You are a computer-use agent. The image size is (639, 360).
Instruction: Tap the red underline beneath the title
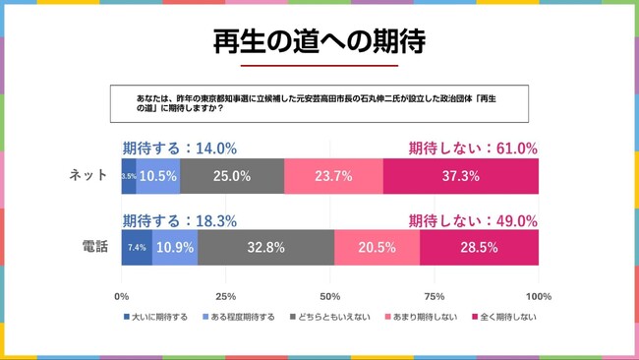click(x=319, y=66)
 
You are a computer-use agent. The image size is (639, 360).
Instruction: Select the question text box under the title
click(x=319, y=103)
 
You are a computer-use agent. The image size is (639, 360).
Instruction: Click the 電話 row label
click(x=94, y=247)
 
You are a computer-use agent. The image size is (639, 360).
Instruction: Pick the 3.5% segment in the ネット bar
click(x=129, y=176)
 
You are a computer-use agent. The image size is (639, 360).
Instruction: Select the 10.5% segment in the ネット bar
click(x=157, y=176)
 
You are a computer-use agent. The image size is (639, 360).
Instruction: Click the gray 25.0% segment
click(x=232, y=176)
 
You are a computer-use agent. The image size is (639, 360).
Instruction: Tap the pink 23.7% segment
click(x=333, y=176)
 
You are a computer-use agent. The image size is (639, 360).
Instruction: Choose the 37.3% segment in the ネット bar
click(x=460, y=176)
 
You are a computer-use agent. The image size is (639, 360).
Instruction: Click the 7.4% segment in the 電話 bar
click(x=137, y=248)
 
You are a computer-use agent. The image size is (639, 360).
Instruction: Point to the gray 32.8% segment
click(x=265, y=248)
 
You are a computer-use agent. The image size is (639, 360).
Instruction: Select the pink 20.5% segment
click(x=377, y=248)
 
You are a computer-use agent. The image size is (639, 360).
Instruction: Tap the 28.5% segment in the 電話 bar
click(x=479, y=248)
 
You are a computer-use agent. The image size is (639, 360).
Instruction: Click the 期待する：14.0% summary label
click(x=179, y=149)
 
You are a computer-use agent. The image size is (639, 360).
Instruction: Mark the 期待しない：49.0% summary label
click(x=473, y=220)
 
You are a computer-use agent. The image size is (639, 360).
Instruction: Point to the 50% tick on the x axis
click(x=330, y=296)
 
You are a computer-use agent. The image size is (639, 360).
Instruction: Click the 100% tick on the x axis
click(x=538, y=296)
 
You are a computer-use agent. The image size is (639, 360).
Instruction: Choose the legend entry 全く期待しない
click(x=505, y=317)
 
